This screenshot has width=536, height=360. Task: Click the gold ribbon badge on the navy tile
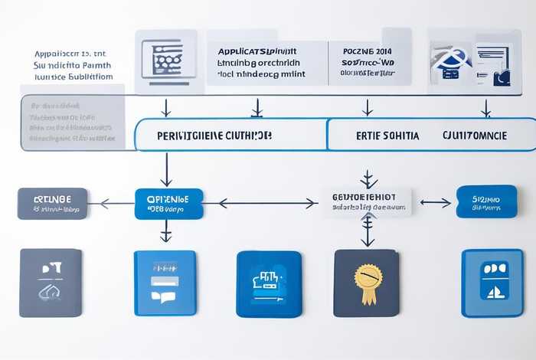pos(368,277)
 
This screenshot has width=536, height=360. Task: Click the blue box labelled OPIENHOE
pos(168,203)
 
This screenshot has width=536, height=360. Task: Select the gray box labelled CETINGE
pos(52,203)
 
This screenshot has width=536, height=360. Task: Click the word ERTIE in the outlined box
pos(372,135)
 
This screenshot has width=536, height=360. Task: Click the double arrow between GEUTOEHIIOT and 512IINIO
pos(435,203)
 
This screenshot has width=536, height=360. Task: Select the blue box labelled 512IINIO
pos(486,201)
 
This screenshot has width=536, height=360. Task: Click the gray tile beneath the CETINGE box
pos(51,283)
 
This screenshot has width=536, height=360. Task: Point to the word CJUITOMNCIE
pos(474,135)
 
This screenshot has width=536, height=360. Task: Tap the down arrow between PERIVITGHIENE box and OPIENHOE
pos(165,169)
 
